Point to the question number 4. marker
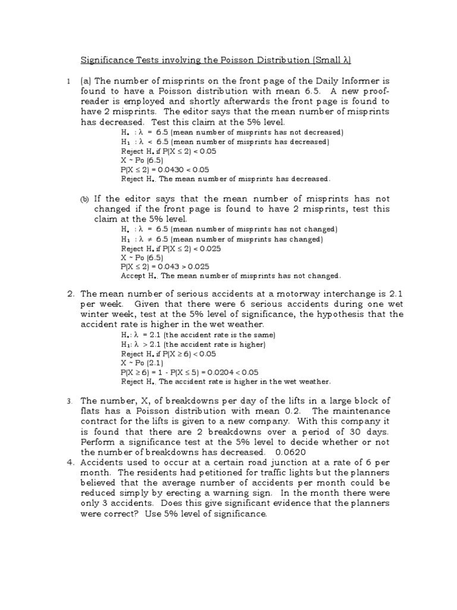pyautogui.click(x=70, y=462)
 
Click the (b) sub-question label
pyautogui.click(x=84, y=199)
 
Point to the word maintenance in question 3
pyautogui.click(x=360, y=411)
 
